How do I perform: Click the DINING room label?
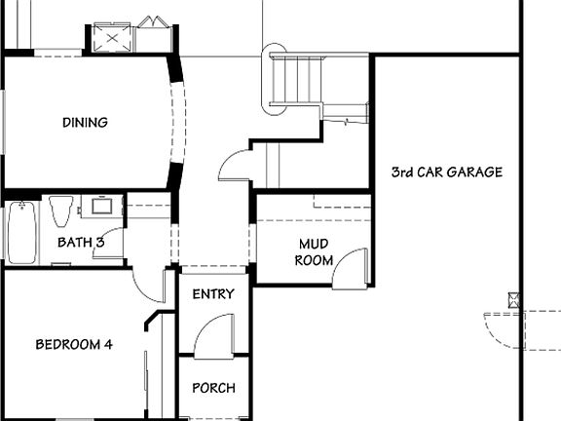tap(85, 123)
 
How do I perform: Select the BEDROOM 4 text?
tap(81, 344)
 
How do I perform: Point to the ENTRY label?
tap(213, 294)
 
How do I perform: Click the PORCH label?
tap(213, 388)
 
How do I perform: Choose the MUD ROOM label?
tap(314, 252)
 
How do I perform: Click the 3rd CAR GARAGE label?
tap(446, 172)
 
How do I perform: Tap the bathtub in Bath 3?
tap(20, 233)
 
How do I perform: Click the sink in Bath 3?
tap(100, 207)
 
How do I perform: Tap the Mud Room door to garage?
tap(352, 268)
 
